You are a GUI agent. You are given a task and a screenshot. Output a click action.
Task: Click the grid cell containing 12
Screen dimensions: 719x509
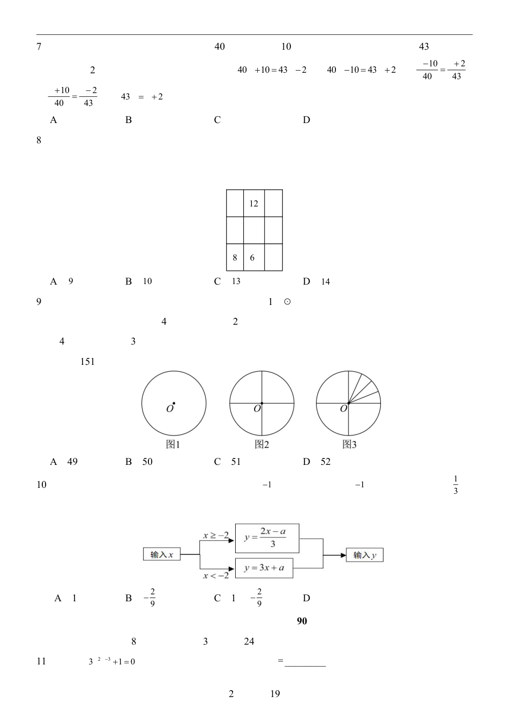(x=254, y=203)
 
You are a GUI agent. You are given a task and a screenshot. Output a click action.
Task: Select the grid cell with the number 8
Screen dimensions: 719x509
(x=235, y=257)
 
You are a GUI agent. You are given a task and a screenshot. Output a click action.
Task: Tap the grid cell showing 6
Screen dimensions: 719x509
(x=253, y=257)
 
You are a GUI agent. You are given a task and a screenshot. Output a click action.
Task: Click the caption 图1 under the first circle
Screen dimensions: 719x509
(x=173, y=445)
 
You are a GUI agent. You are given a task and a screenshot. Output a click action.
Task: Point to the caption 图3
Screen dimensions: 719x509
(x=349, y=445)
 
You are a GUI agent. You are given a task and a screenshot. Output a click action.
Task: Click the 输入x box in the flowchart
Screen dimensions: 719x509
(x=162, y=555)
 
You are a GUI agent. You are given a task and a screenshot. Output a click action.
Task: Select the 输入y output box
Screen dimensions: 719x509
(x=364, y=555)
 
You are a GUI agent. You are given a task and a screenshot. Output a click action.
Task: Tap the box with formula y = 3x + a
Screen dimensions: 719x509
(x=264, y=568)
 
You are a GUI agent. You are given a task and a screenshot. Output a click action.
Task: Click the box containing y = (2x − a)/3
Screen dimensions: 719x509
(x=266, y=538)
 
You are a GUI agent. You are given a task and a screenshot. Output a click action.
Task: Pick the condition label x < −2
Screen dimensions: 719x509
(x=216, y=576)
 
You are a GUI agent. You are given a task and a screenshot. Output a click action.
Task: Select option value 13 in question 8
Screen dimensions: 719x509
(x=236, y=281)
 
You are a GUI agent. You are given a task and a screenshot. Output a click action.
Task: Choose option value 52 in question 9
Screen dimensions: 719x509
(x=326, y=462)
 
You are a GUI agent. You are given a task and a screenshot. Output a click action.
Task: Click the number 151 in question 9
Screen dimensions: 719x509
(x=87, y=362)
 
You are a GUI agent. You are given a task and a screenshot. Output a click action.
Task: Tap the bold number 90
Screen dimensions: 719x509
(x=302, y=621)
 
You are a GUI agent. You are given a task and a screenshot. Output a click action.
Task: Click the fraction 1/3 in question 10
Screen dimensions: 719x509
(x=455, y=485)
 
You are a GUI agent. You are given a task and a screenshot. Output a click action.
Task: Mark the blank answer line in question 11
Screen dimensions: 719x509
(x=305, y=665)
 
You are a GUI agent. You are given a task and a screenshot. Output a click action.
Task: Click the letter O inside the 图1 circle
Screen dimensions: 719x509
(x=169, y=409)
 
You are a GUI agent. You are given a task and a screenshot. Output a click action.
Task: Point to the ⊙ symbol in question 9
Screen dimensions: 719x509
(x=287, y=302)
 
